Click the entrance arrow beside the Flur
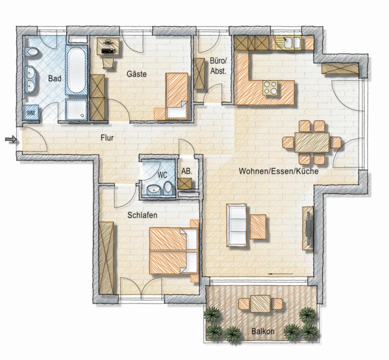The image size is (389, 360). (x=11, y=140)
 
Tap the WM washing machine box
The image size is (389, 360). (x=31, y=112)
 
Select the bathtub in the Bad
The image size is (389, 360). (x=77, y=70)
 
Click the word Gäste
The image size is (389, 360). (x=137, y=74)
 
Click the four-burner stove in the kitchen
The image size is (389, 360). (x=270, y=88)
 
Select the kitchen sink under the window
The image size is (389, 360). (x=289, y=43)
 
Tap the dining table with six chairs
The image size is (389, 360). (x=312, y=142)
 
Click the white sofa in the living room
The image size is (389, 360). (x=236, y=225)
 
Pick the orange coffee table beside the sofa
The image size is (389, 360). (x=258, y=227)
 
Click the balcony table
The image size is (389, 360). (x=260, y=304)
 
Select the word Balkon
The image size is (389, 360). (x=263, y=331)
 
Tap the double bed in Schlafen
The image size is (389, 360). (x=174, y=251)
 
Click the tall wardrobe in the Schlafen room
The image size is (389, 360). (x=106, y=258)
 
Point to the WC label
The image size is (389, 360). (x=162, y=175)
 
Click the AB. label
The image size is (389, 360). (x=187, y=171)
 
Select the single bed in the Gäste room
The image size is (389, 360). (x=177, y=96)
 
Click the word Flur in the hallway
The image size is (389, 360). (x=107, y=138)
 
